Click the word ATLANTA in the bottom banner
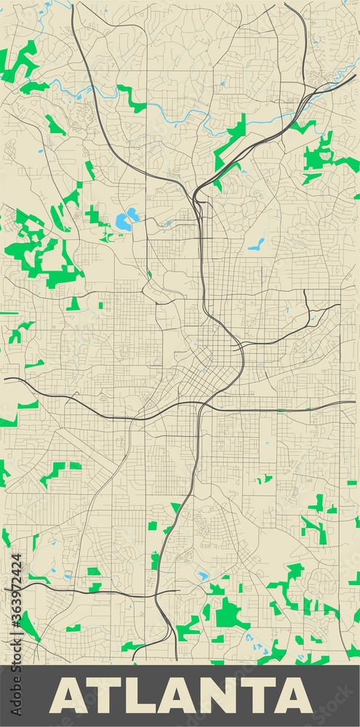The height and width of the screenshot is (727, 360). click(180, 696)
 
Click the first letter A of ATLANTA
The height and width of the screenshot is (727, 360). click(67, 696)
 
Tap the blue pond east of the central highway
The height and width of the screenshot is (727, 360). click(255, 244)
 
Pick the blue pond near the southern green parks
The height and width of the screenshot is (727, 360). click(202, 577)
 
